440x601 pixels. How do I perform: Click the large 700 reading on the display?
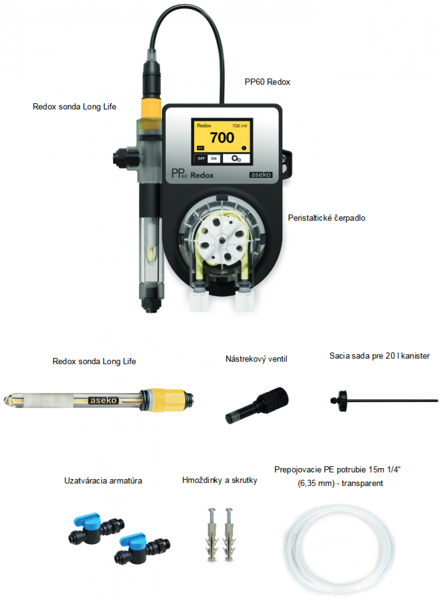pyautogui.click(x=222, y=137)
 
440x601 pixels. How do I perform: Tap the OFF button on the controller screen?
pyautogui.click(x=201, y=159)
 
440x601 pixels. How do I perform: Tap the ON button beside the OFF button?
pyautogui.click(x=214, y=159)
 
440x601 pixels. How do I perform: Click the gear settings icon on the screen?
pyautogui.click(x=236, y=159)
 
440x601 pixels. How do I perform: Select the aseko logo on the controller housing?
pyautogui.click(x=261, y=175)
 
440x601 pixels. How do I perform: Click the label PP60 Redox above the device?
pyautogui.click(x=268, y=82)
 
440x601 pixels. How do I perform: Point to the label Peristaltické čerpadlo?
pyautogui.click(x=326, y=218)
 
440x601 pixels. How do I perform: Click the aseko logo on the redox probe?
pyautogui.click(x=103, y=400)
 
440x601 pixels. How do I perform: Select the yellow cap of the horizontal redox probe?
pyautogui.click(x=166, y=400)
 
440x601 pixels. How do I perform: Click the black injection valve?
pyautogui.click(x=257, y=405)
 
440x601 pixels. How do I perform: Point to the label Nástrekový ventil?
pyautogui.click(x=257, y=359)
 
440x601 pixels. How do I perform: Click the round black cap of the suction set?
pyautogui.click(x=342, y=401)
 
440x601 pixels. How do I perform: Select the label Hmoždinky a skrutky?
pyautogui.click(x=220, y=480)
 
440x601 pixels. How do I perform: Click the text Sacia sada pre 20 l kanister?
pyautogui.click(x=379, y=356)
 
